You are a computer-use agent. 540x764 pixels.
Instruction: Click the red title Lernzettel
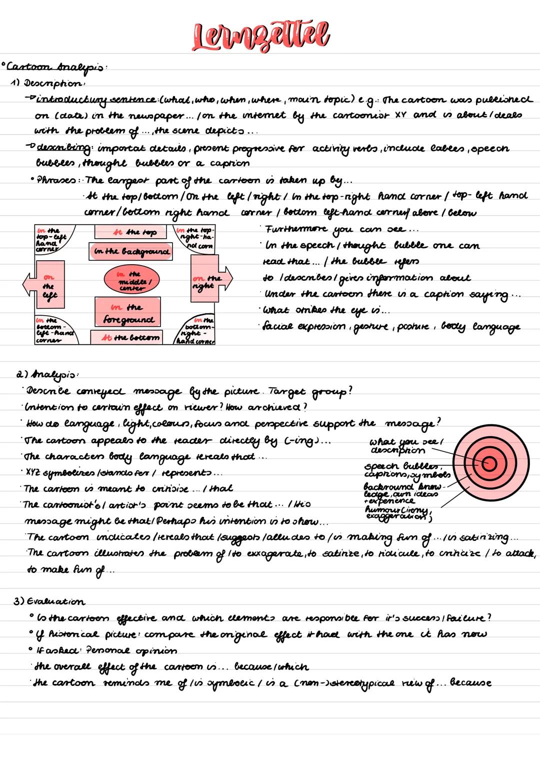click(261, 36)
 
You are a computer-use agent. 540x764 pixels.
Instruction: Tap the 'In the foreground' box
click(128, 313)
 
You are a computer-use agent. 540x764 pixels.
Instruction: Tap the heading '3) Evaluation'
click(49, 601)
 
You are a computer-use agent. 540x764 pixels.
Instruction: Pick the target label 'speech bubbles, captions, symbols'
click(407, 470)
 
